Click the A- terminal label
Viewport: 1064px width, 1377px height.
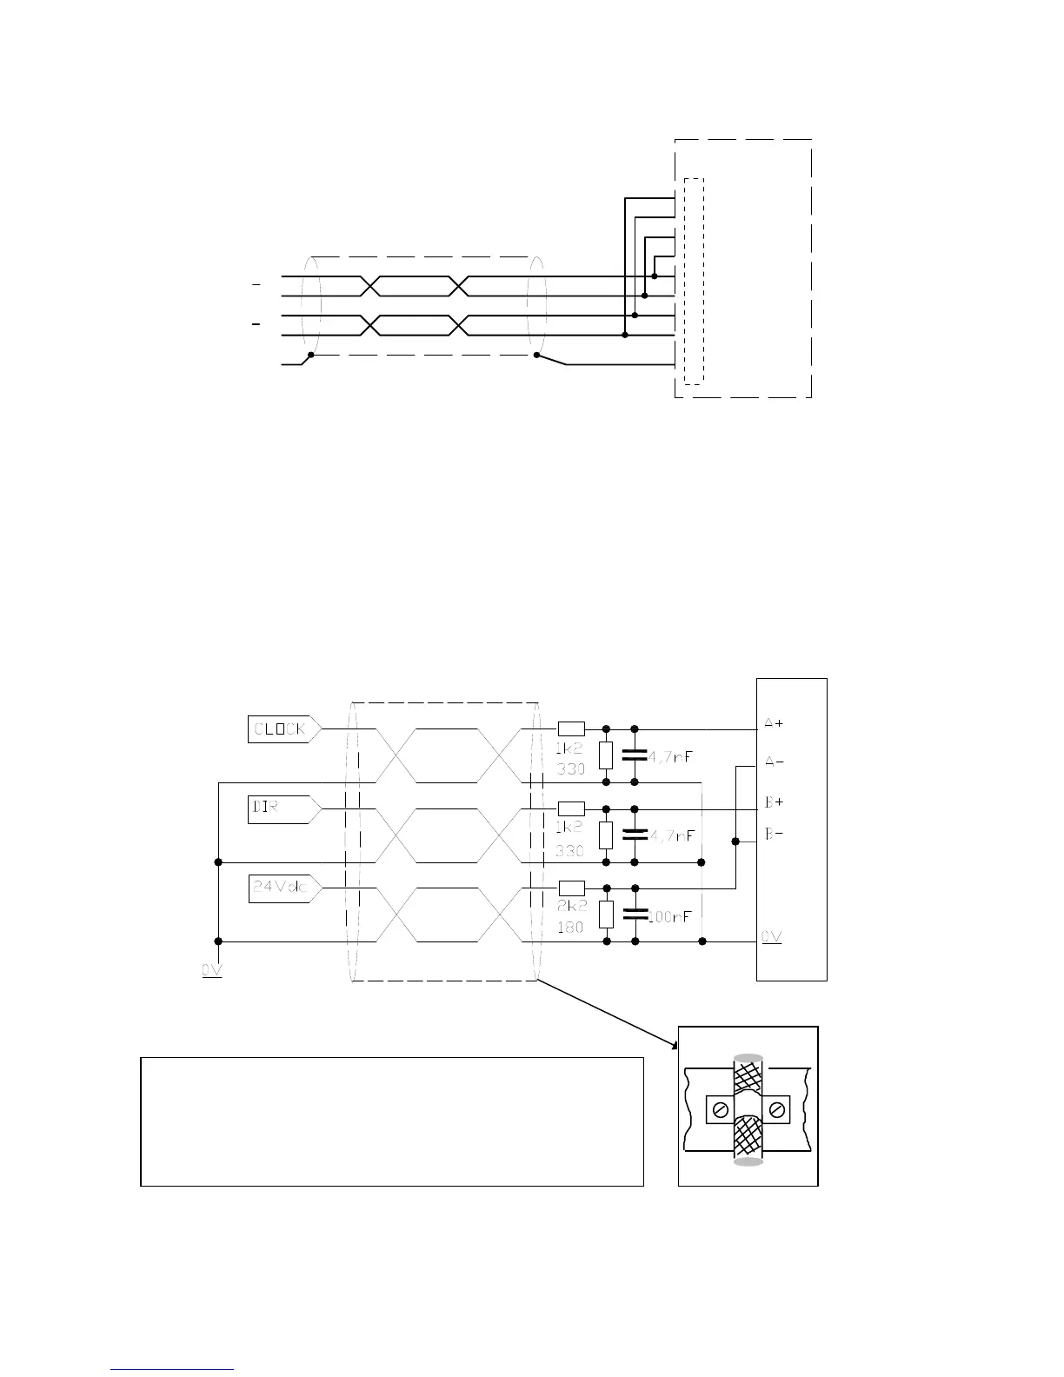(x=774, y=762)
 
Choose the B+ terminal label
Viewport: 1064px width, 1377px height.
(x=774, y=802)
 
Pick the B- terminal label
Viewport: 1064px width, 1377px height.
(x=774, y=835)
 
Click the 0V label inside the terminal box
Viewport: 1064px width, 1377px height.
(x=772, y=936)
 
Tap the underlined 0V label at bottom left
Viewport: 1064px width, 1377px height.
(x=212, y=970)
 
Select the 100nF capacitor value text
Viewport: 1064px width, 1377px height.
(x=671, y=916)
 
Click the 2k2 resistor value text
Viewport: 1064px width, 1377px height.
(x=570, y=906)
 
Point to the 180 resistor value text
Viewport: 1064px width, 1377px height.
(x=570, y=928)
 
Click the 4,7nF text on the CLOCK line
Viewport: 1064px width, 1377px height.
(x=671, y=756)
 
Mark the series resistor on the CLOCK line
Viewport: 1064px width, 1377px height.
(x=571, y=729)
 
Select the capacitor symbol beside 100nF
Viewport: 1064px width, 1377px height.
(x=635, y=915)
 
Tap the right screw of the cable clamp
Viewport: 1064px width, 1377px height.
(x=776, y=1108)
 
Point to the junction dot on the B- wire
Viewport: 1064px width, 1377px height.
(x=735, y=841)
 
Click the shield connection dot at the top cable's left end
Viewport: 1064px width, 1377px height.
(x=310, y=355)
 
